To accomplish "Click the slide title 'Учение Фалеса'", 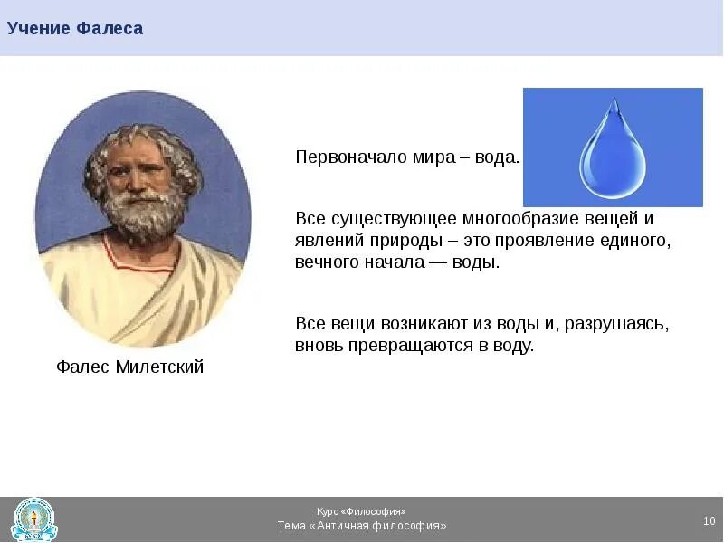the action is click(x=75, y=29).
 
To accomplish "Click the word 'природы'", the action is click(x=403, y=241).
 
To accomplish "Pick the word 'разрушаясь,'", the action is click(x=617, y=324).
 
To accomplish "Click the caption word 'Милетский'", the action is click(x=159, y=367).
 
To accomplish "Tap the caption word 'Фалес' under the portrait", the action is click(x=82, y=367).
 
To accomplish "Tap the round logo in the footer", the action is click(x=34, y=519).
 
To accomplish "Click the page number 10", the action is click(x=710, y=521).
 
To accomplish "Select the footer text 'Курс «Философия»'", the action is click(x=361, y=511).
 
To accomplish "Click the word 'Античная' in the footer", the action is click(x=343, y=526).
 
